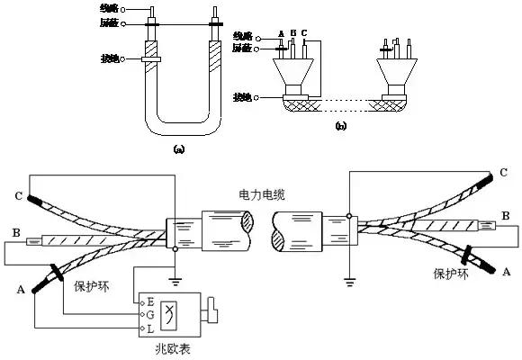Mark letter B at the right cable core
click(x=507, y=215)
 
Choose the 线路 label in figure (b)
click(x=244, y=35)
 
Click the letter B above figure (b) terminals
click(x=292, y=32)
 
